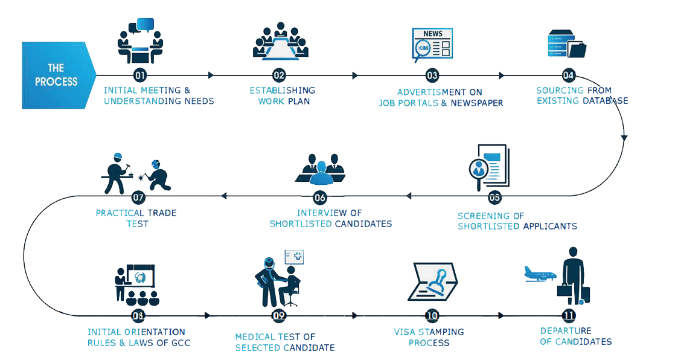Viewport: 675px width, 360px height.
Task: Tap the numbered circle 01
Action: (140, 76)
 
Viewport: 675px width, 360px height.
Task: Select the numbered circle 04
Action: (568, 76)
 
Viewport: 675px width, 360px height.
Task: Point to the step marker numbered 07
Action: (138, 196)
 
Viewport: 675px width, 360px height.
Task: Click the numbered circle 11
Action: (568, 315)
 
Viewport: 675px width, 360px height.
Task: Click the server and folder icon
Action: (566, 44)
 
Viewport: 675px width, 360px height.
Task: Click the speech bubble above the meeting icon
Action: (146, 25)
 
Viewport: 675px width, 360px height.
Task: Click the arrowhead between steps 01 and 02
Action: (211, 76)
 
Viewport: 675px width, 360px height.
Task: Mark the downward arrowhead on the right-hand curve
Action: (624, 138)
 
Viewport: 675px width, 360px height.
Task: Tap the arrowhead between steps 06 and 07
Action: (224, 196)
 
